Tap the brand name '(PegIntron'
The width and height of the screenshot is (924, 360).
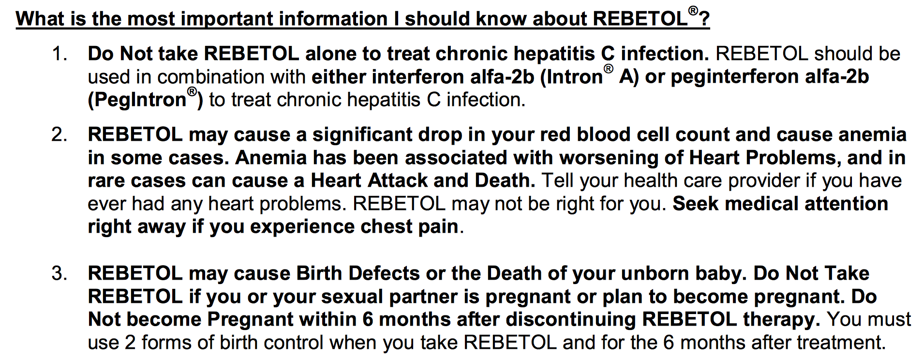(137, 100)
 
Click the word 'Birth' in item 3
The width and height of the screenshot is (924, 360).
(320, 273)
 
